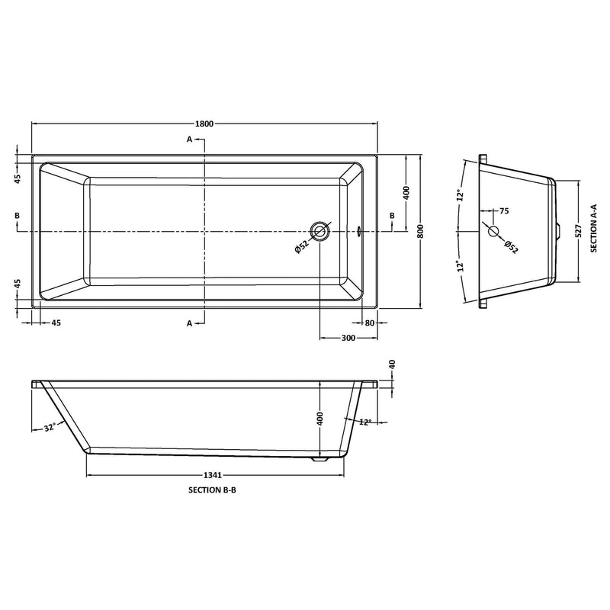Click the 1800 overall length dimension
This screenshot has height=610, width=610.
click(x=204, y=124)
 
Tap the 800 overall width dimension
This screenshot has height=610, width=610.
click(x=420, y=231)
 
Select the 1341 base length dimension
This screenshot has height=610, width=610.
click(x=213, y=475)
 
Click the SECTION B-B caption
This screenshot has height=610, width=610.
click(x=212, y=490)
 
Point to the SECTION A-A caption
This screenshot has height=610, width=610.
click(x=594, y=228)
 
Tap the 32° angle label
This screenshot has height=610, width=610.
click(x=50, y=428)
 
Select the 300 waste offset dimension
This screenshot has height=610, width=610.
click(x=348, y=338)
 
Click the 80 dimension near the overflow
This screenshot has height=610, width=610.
click(x=370, y=323)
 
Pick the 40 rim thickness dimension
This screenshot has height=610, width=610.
click(x=392, y=364)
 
